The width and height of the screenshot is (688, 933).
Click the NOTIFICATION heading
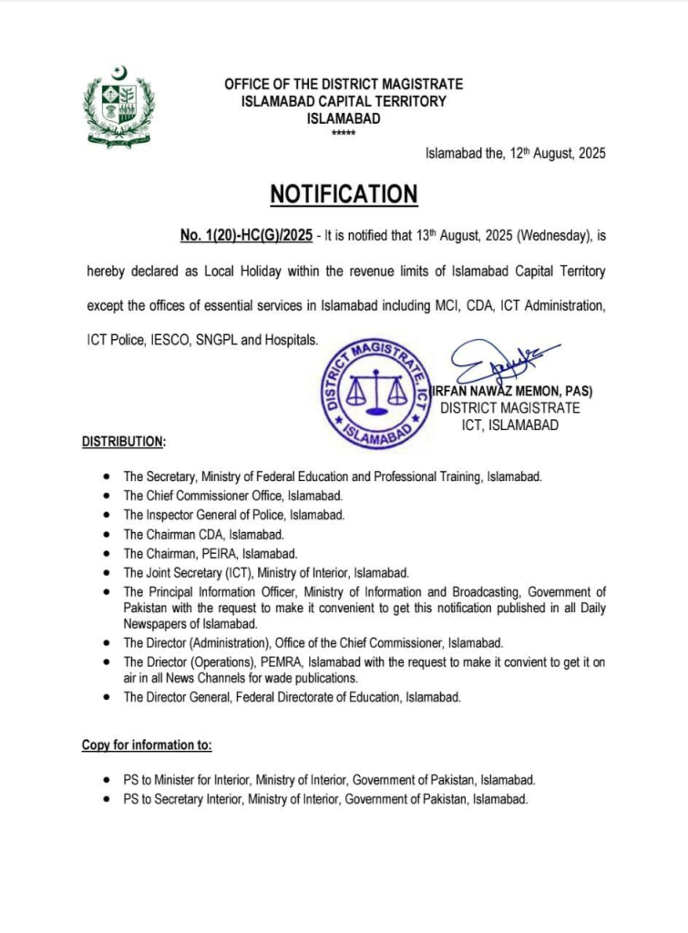(344, 194)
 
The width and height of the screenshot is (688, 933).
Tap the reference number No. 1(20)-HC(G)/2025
(246, 236)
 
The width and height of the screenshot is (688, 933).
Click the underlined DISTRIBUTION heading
(124, 442)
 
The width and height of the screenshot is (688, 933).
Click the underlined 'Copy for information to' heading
(147, 745)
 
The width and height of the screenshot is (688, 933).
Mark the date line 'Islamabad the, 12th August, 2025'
(515, 154)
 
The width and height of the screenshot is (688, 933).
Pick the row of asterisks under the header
(344, 134)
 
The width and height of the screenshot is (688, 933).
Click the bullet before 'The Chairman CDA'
(108, 534)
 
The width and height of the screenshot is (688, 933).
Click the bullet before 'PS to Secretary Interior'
(108, 798)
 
